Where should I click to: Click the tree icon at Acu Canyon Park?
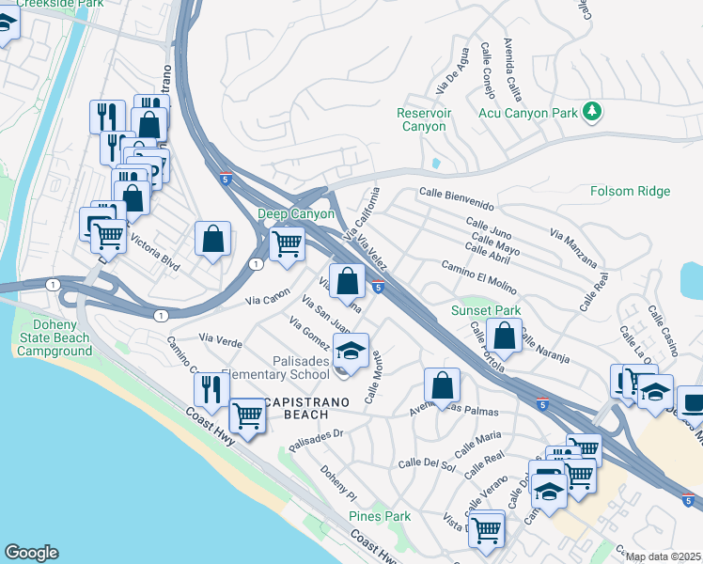591,113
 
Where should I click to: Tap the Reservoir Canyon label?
425,119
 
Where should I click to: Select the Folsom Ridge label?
630,192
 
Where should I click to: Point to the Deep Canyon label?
296,214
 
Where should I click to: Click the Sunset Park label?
485,311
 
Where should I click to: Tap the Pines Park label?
380,517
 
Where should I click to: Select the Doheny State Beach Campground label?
53,345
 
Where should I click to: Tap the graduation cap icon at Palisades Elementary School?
351,352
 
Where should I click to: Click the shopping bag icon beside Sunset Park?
505,336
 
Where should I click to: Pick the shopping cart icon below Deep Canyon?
287,244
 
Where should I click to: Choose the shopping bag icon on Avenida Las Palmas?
441,384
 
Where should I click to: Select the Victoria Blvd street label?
154,251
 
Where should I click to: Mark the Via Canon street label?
267,301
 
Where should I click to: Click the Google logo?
31,553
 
